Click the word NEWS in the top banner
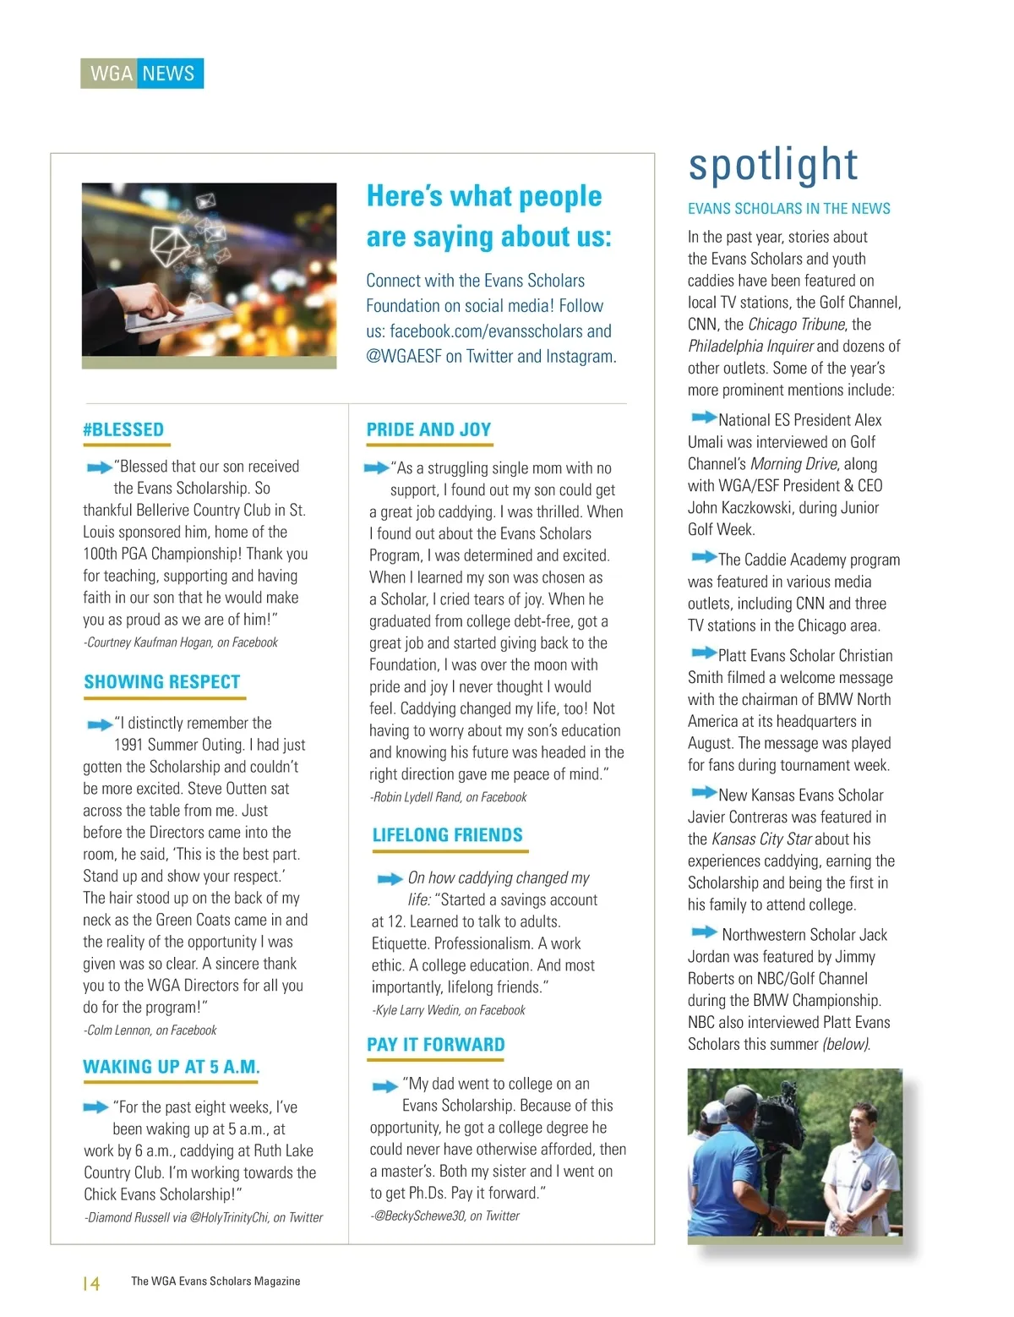pos(168,74)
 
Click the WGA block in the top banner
pos(111,74)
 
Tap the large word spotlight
pos(773,165)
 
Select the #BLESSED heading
pos(123,429)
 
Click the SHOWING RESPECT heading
pos(162,682)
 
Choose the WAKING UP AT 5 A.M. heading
pos(172,1067)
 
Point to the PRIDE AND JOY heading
pos(428,429)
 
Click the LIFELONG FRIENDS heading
pos(448,835)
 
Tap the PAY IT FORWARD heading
pos(436,1045)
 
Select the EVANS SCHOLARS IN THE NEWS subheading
pos(788,209)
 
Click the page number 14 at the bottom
pos(91,1283)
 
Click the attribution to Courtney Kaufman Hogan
pos(181,642)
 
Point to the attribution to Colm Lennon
pos(150,1030)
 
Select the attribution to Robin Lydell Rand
pos(449,797)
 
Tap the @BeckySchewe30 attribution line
pos(445,1216)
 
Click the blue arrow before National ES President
pos(702,418)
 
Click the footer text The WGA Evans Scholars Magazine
pos(215,1281)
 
